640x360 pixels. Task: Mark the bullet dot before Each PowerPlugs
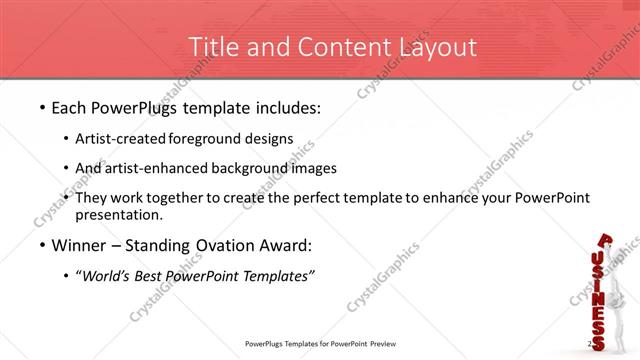[41, 107]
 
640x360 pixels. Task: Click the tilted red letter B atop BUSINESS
[607, 241]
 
